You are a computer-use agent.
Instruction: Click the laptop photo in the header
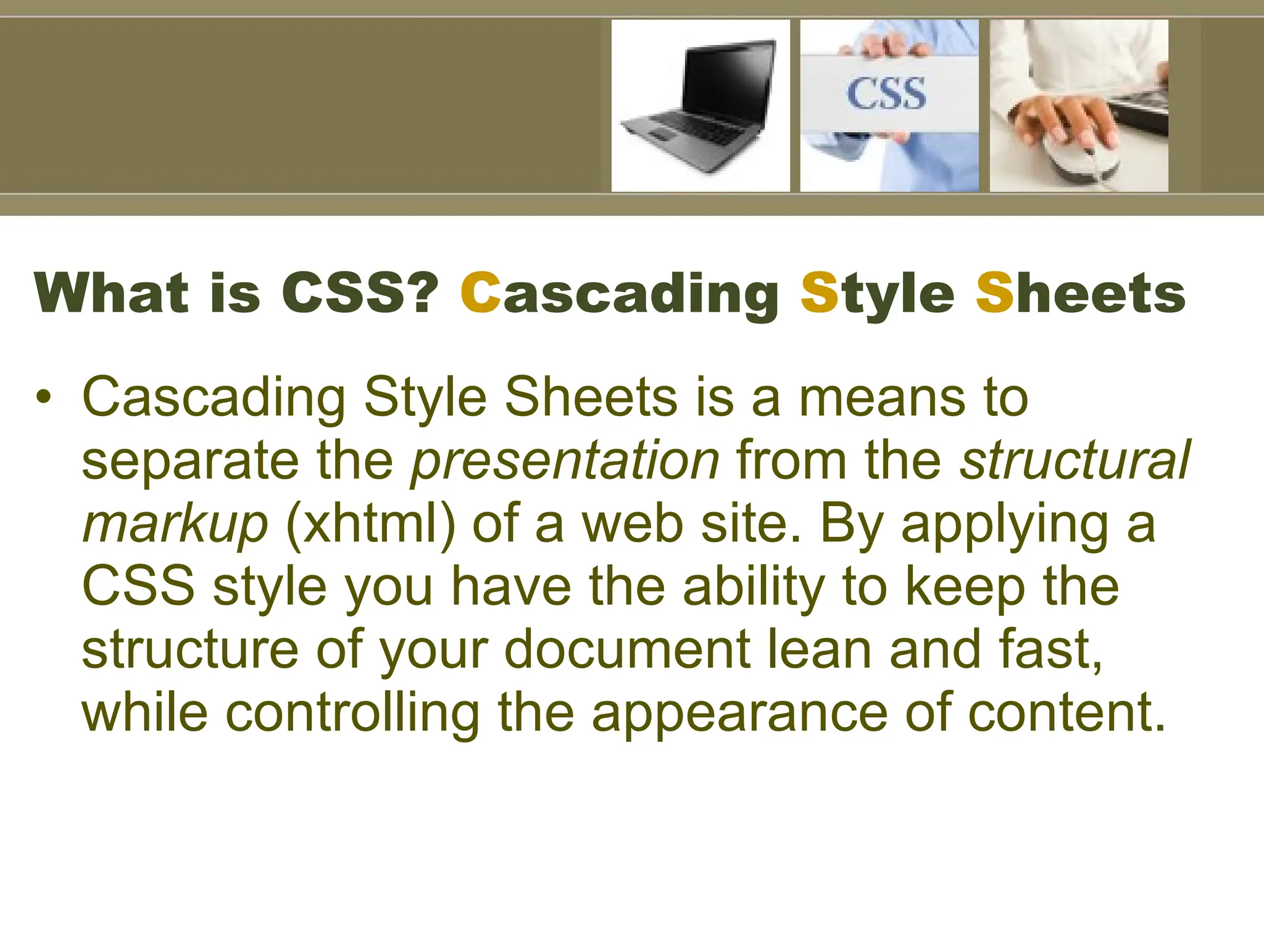pyautogui.click(x=700, y=106)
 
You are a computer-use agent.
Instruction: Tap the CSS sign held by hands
pyautogui.click(x=886, y=94)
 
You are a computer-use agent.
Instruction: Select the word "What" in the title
pyautogui.click(x=112, y=293)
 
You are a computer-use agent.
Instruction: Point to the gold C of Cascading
pyautogui.click(x=480, y=293)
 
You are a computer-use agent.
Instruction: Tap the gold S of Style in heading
pyautogui.click(x=818, y=293)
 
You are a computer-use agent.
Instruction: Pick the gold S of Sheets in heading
pyautogui.click(x=994, y=293)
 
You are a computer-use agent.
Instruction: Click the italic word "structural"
pyautogui.click(x=1075, y=460)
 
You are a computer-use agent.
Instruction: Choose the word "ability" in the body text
pyautogui.click(x=754, y=588)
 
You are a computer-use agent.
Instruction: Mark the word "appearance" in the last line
pyautogui.click(x=740, y=714)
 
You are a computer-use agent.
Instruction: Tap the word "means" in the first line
pyautogui.click(x=883, y=397)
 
